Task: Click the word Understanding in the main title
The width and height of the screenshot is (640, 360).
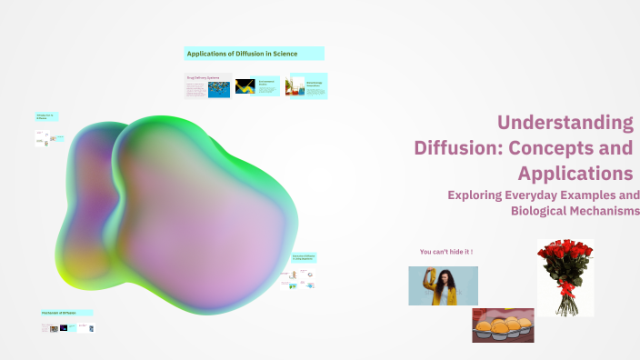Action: [565, 122]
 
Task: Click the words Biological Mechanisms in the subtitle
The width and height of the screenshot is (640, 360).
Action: [575, 211]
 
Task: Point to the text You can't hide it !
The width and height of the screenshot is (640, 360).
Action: [445, 251]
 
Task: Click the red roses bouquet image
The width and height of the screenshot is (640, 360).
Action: [565, 276]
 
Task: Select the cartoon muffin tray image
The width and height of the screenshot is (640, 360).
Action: [502, 325]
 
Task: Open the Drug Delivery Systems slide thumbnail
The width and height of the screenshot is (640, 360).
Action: [207, 86]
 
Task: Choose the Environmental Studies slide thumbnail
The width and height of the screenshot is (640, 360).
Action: [255, 86]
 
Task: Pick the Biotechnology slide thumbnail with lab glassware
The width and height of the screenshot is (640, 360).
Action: [305, 86]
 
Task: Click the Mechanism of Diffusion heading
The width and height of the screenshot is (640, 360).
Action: [66, 313]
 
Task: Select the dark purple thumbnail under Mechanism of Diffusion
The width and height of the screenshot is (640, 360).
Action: [64, 327]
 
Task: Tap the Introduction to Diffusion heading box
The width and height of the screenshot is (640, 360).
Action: [46, 116]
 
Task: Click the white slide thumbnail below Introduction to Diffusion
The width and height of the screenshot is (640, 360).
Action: [42, 138]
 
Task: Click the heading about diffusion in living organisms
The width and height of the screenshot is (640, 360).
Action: [303, 258]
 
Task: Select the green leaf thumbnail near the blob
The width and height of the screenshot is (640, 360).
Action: [293, 285]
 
